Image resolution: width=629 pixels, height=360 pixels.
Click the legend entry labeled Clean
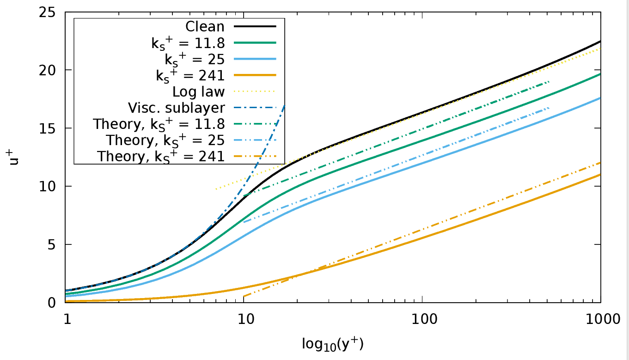tap(205, 26)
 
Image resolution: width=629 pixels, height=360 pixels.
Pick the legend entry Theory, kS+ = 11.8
tap(159, 125)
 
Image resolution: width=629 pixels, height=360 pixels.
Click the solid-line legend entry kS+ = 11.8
tap(188, 43)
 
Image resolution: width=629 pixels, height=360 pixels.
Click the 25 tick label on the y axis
tap(48, 12)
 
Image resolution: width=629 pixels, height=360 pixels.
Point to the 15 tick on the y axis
tap(48, 128)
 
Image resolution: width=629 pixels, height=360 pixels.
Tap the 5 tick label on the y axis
tap(52, 245)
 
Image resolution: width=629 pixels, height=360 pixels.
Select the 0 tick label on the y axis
tap(52, 303)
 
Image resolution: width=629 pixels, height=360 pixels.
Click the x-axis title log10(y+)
tap(333, 343)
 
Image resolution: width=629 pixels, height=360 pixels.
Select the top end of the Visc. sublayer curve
tap(284, 105)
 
